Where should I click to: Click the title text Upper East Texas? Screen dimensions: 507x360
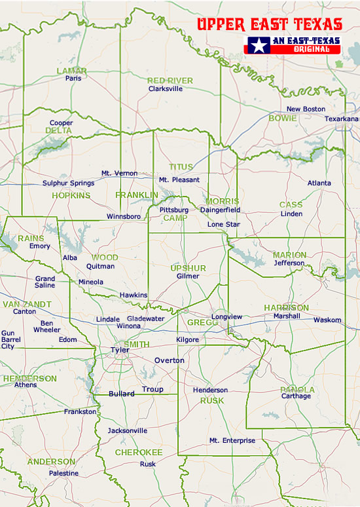tap(270, 25)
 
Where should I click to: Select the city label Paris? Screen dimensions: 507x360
tap(73, 78)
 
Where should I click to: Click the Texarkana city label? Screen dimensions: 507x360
tap(342, 119)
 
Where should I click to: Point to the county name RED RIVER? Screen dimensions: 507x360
tap(170, 81)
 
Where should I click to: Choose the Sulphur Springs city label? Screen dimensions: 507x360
tap(68, 183)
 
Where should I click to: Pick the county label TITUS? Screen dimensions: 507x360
tap(181, 167)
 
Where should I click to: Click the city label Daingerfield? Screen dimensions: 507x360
tap(220, 210)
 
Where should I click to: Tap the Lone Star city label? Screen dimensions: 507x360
tap(224, 224)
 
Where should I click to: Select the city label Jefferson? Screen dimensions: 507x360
tap(289, 263)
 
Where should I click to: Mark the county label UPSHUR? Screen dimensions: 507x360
tap(188, 268)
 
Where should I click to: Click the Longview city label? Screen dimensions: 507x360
tap(226, 316)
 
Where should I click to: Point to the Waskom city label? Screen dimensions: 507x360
tap(327, 320)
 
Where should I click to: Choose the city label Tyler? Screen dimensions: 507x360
tap(120, 350)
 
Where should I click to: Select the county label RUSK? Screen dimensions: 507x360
tap(212, 400)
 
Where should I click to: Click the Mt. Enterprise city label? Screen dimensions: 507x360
tap(232, 440)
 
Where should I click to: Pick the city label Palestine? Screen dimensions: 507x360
tap(63, 473)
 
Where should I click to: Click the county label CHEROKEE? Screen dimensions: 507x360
tap(139, 452)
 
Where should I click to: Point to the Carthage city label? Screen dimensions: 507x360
tap(296, 396)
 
